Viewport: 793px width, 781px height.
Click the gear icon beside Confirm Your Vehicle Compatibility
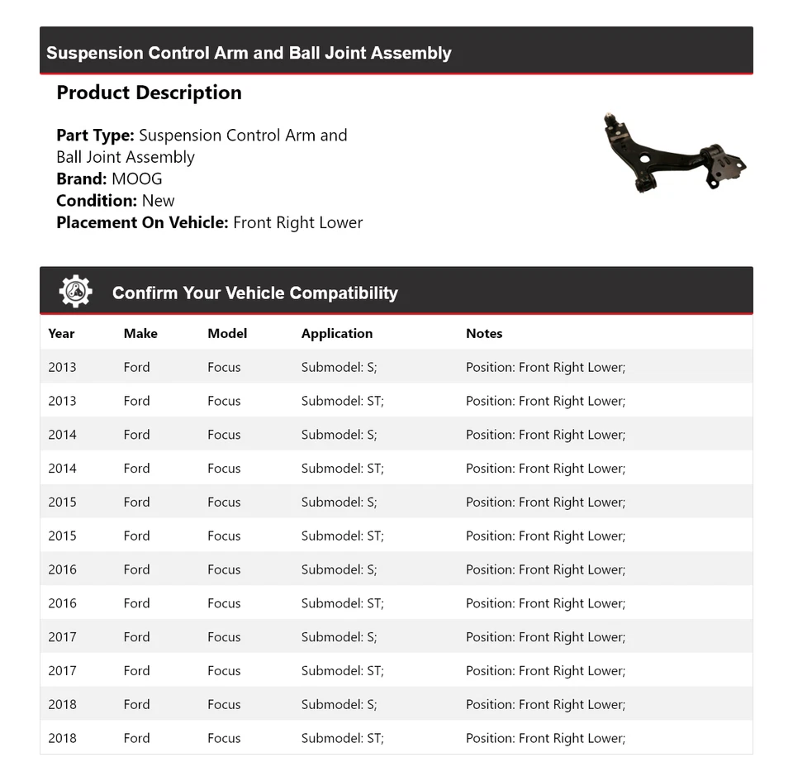[x=75, y=292]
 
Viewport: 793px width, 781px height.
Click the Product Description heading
[x=149, y=93]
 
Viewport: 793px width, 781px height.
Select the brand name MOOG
[x=137, y=179]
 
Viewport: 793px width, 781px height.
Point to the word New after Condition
[x=158, y=200]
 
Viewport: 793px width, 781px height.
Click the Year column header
[x=61, y=333]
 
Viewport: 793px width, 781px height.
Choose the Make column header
[x=140, y=333]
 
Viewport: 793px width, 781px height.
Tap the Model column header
[x=227, y=333]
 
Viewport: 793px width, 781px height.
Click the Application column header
[x=336, y=333]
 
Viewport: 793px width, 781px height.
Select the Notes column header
[x=484, y=333]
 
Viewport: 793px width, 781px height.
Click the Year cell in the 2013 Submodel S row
[x=62, y=367]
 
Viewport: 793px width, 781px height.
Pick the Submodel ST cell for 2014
[x=342, y=468]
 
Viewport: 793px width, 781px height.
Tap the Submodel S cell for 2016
[x=339, y=569]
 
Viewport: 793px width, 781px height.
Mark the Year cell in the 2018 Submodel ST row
[x=62, y=738]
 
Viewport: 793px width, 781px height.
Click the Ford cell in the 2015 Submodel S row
[x=136, y=502]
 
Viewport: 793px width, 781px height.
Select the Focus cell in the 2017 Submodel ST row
[x=224, y=670]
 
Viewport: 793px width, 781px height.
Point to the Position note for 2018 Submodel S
[x=545, y=704]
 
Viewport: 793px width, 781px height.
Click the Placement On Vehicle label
[x=142, y=222]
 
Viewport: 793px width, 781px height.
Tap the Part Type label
[x=95, y=135]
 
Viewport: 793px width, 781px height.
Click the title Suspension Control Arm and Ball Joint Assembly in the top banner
[x=249, y=53]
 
